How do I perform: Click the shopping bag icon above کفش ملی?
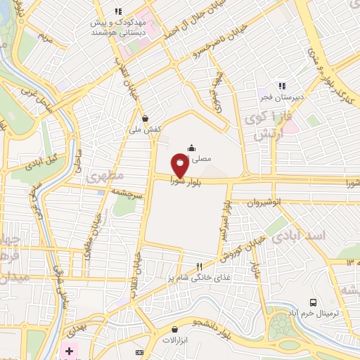pyautogui.click(x=145, y=119)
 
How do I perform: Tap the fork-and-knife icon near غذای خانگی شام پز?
pyautogui.click(x=200, y=266)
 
